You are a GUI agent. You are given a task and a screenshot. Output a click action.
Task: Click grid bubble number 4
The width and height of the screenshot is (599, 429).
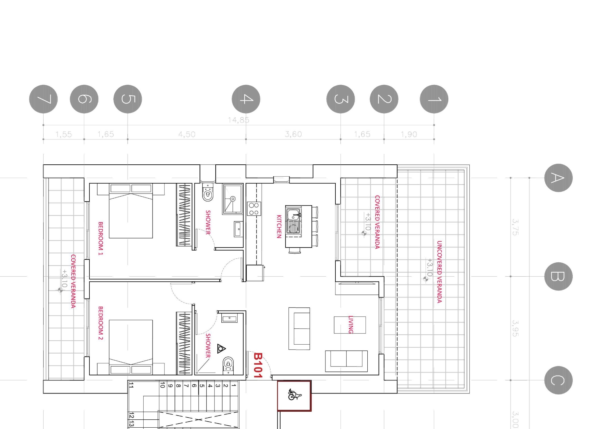point(246,99)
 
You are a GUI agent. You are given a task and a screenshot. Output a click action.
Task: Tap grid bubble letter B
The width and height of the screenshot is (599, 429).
point(558,276)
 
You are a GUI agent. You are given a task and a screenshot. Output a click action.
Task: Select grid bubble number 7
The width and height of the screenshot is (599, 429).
point(43,99)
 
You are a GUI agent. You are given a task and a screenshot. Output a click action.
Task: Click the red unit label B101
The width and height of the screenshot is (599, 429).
point(258,365)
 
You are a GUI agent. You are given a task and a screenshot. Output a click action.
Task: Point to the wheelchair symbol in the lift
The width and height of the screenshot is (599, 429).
point(294,394)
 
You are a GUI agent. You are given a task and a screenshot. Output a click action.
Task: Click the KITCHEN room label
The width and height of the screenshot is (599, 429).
point(279,226)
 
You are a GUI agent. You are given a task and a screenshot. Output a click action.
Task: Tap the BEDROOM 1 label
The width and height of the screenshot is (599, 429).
point(100,238)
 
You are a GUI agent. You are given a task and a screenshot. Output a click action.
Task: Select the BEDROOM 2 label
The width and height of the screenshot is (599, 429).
point(100,323)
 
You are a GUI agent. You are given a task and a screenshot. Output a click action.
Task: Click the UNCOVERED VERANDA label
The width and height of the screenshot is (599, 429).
point(439,272)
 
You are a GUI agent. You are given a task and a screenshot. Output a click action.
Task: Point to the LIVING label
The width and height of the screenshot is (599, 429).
point(350,324)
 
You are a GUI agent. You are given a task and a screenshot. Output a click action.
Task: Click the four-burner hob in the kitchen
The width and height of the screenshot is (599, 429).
point(254,209)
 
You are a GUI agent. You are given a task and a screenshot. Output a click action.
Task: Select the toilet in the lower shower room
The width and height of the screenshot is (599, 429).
point(228,365)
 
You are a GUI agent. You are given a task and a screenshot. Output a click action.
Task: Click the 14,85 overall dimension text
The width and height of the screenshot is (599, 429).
point(238,120)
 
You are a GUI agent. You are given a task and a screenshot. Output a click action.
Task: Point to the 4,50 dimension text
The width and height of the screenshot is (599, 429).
point(187,134)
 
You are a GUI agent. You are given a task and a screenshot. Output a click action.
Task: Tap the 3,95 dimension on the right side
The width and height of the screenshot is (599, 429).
point(515,328)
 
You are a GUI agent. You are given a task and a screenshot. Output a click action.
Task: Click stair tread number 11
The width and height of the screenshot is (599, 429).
point(131,385)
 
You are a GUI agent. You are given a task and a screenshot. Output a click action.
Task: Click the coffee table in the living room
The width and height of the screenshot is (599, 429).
point(350,325)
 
